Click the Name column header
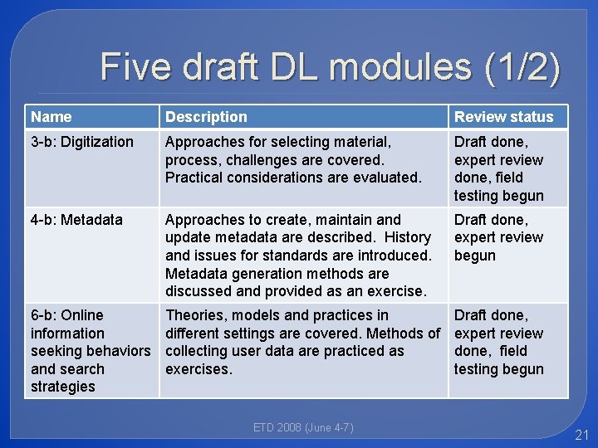51,117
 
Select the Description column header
206,117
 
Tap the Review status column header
503,117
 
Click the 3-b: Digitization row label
81,142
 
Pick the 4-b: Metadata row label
76,220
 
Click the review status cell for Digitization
498,168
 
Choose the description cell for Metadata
298,256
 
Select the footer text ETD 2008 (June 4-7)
303,428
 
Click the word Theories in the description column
196,315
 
